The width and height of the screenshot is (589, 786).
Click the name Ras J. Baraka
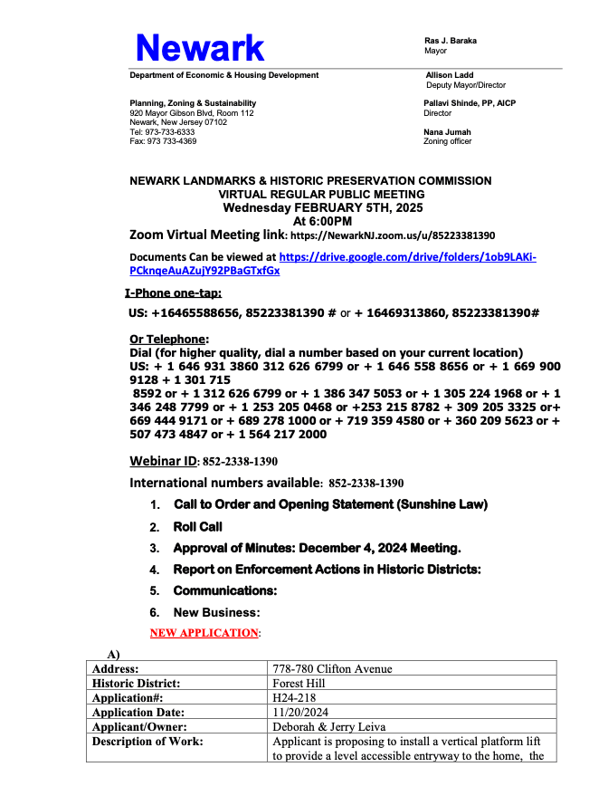[x=451, y=41]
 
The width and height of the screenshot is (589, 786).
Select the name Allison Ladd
[x=450, y=75]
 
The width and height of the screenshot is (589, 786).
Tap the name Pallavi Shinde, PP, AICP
[x=470, y=103]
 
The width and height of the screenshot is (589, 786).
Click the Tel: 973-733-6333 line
[x=162, y=132]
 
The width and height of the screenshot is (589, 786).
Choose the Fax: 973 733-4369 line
[x=163, y=141]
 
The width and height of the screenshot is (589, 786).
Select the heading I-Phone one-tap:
[x=173, y=292]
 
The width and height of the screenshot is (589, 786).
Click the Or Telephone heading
[x=169, y=340]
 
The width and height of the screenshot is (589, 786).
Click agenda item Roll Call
[x=197, y=526]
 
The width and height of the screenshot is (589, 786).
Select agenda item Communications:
[x=224, y=591]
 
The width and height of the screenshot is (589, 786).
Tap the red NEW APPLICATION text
[x=204, y=633]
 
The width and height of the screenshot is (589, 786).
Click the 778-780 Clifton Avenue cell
[x=332, y=669]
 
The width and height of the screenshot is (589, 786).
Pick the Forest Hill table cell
[x=299, y=684]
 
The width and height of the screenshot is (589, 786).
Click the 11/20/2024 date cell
[x=299, y=713]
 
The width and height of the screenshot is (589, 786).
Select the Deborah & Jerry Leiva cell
[x=329, y=727]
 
